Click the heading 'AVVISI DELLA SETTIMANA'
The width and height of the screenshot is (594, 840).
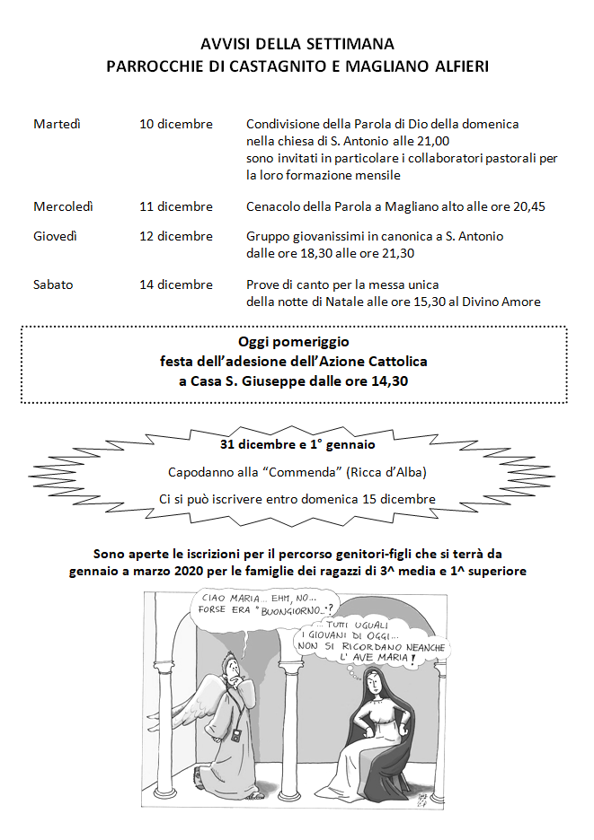[297, 43]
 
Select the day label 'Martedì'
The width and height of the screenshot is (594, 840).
[57, 124]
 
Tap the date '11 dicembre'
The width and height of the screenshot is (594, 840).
[176, 206]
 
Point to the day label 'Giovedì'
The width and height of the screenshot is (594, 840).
[55, 236]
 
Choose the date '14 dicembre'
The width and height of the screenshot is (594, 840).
[176, 284]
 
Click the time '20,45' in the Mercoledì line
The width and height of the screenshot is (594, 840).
[528, 206]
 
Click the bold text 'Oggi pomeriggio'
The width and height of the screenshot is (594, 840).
[294, 342]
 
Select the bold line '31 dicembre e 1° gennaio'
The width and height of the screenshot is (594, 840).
[297, 443]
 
